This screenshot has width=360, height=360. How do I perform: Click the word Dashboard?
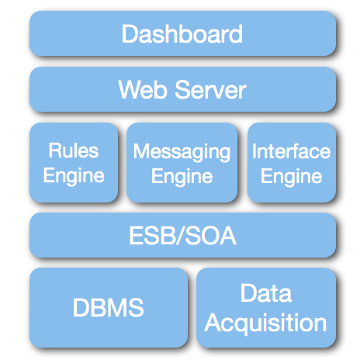pos(182,33)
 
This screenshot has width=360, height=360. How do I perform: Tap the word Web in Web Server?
pos(143,89)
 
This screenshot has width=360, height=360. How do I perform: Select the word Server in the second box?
pos(210,89)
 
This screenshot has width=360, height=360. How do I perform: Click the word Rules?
pos(74,151)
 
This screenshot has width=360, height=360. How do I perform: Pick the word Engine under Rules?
pos(74,176)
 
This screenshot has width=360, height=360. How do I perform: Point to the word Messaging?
pos(182,152)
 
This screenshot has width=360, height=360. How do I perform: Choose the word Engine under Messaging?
pos(182,177)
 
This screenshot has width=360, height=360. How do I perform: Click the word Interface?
pos(292,151)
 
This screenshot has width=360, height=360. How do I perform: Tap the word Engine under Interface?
pos(292,177)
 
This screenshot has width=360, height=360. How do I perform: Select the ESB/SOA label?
pos(182,235)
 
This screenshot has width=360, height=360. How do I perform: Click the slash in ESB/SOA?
pos(180,235)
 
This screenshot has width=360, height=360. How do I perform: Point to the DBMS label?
pos(108,307)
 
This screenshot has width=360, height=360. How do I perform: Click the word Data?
pos(266,292)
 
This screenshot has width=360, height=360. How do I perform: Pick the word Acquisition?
pos(265,323)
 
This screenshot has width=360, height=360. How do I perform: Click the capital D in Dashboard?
pos(130,33)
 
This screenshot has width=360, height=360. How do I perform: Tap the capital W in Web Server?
pos(130,89)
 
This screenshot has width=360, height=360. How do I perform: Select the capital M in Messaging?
pos(141,151)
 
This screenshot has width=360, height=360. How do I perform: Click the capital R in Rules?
pos(55,151)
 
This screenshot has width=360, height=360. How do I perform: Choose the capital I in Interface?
pos(254,151)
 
